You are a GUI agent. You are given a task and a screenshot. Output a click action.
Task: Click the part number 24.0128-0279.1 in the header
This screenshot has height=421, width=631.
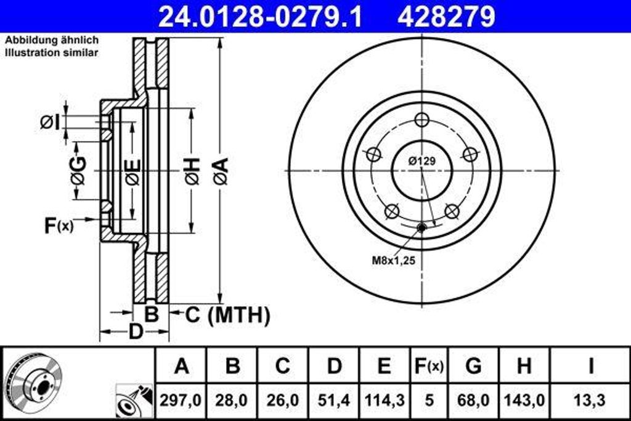pyautogui.click(x=260, y=17)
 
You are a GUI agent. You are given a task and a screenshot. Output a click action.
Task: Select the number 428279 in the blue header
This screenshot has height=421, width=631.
pyautogui.click(x=446, y=17)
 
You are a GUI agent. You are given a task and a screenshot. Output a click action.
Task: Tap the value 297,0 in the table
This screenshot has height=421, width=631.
pyautogui.click(x=181, y=400)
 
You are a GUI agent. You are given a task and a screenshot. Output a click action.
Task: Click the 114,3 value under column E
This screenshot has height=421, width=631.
pyautogui.click(x=383, y=400)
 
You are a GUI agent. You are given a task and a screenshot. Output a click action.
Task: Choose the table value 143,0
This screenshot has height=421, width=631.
pyautogui.click(x=524, y=400)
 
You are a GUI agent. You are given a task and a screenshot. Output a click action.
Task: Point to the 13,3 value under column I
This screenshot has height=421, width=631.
pyautogui.click(x=590, y=400)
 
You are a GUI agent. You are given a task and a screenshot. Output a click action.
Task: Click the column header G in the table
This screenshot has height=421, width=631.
pyautogui.click(x=473, y=366)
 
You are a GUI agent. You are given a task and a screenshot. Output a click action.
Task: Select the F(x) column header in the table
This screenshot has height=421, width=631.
pyautogui.click(x=428, y=366)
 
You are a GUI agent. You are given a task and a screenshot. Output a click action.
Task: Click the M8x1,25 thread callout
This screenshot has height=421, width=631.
pyautogui.click(x=393, y=260)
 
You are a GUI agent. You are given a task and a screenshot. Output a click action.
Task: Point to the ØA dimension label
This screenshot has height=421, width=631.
pyautogui.click(x=221, y=171)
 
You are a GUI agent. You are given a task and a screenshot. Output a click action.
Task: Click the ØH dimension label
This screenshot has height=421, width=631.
pyautogui.click(x=192, y=171)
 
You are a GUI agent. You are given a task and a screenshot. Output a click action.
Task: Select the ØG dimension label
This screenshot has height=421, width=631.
pyautogui.click(x=78, y=171)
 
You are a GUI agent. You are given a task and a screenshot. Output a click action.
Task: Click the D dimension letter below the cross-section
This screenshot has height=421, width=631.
pyautogui.click(x=135, y=332)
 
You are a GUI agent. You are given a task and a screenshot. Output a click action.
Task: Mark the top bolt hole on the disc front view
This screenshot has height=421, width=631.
pyautogui.click(x=421, y=120)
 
